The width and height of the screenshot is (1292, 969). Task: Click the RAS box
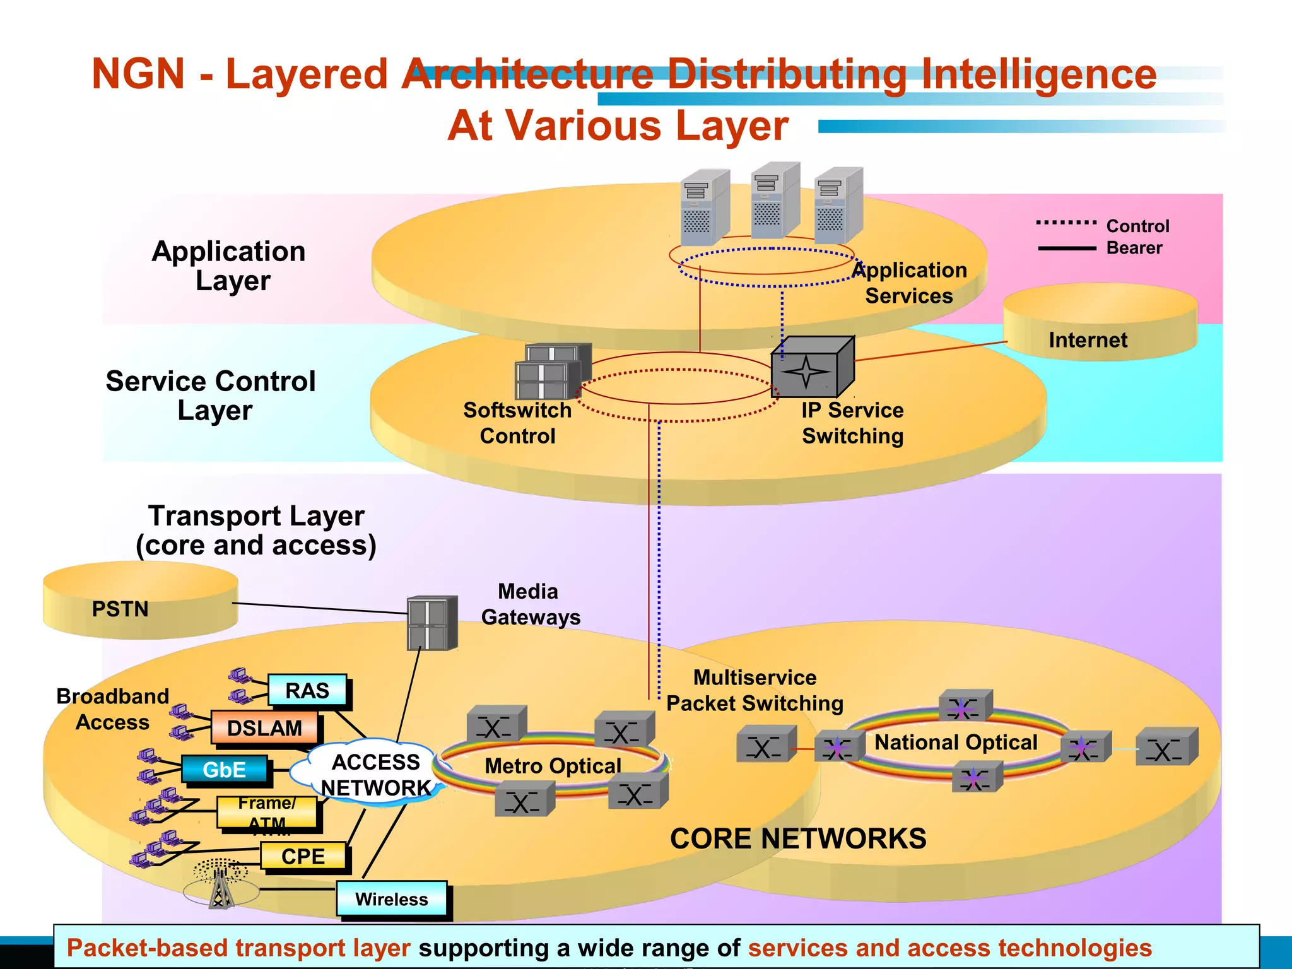pos(307,690)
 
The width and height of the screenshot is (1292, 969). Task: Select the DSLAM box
pos(264,728)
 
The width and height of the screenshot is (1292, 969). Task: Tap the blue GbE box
pos(224,770)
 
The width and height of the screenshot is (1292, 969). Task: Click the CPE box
pos(303,856)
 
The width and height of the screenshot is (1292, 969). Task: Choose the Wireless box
pos(391,899)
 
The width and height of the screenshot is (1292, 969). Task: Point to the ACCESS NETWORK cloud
pos(375,775)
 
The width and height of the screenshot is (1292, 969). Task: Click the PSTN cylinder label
pos(120,609)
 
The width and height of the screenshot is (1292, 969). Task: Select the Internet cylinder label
pos(1088,340)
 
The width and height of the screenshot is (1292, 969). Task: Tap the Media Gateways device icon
pos(432,623)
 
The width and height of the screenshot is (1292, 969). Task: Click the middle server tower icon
pos(775,201)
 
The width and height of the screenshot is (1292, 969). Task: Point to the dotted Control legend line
pos(1066,223)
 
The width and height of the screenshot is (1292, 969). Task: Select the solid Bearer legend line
pos(1066,249)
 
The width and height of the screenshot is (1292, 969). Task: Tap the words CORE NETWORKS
pos(798,838)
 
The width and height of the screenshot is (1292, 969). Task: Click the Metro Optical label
pos(553,766)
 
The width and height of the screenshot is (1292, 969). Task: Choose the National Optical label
pos(955,742)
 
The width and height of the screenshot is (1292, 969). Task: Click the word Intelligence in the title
pos(1038,74)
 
